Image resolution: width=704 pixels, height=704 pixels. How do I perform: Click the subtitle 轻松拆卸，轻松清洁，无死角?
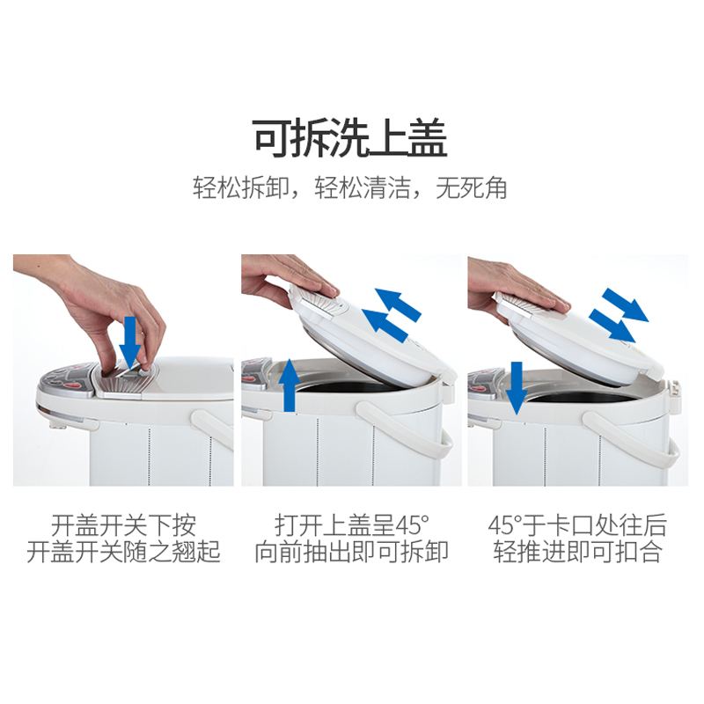(x=350, y=187)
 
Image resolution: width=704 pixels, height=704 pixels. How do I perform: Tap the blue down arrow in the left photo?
(x=130, y=342)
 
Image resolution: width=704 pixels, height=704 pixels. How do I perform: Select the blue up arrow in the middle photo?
(x=290, y=385)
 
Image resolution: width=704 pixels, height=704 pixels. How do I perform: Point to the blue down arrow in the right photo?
(x=517, y=388)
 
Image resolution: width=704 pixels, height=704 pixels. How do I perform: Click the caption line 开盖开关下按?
(x=123, y=524)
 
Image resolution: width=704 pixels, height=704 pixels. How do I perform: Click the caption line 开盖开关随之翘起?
(x=123, y=552)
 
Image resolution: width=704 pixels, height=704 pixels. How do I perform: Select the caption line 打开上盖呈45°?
(x=351, y=524)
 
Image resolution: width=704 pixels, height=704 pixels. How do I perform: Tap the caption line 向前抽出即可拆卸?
(x=351, y=552)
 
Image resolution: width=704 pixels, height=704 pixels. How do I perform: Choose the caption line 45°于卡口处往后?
(x=577, y=524)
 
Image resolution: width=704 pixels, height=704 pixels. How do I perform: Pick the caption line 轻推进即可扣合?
(x=577, y=552)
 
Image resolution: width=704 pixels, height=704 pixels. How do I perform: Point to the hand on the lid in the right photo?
(x=517, y=288)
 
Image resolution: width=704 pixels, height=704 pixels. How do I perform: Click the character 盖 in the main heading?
(x=428, y=138)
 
